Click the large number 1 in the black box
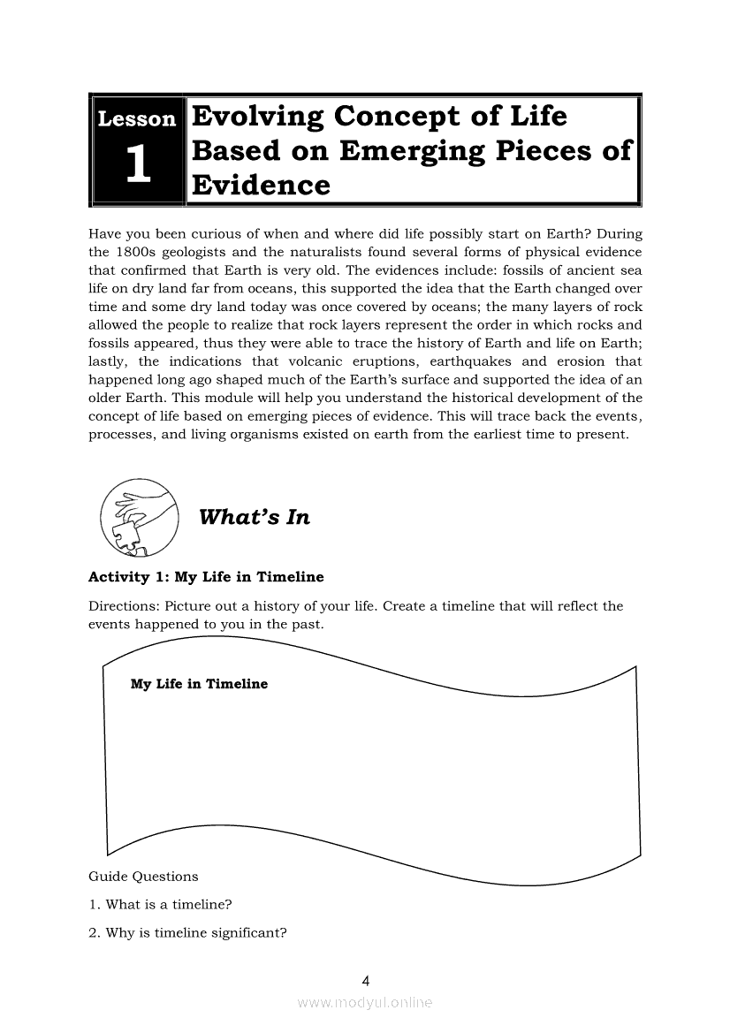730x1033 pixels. point(137,166)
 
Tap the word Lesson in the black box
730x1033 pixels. point(137,118)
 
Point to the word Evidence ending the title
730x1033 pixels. point(261,186)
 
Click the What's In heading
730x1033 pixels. point(255,518)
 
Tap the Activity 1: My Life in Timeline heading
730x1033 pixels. point(206,577)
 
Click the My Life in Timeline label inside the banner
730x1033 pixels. point(199,684)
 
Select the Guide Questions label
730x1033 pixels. point(143,877)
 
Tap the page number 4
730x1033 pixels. point(365,980)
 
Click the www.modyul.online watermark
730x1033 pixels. point(365,1003)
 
